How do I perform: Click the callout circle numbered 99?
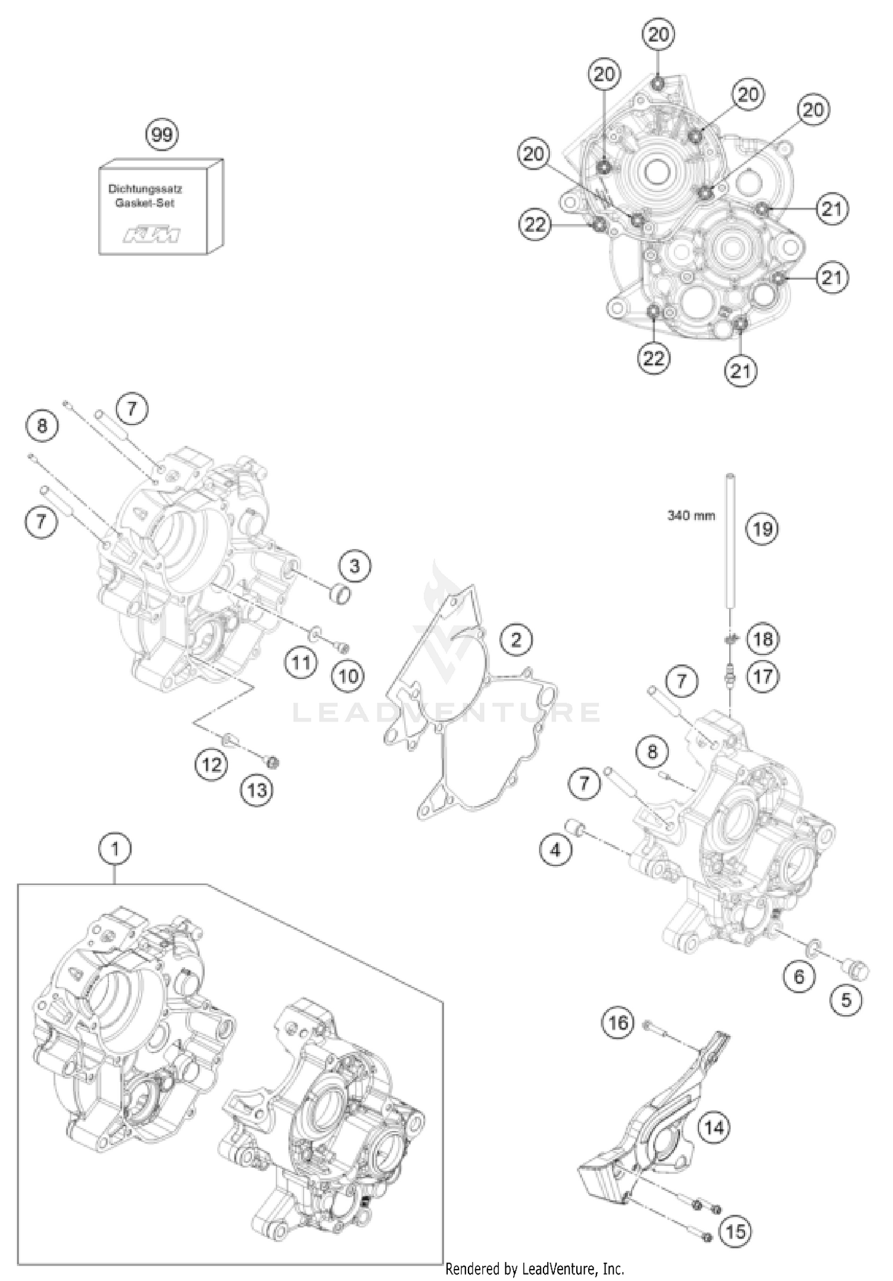162,135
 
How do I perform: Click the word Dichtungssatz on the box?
145,189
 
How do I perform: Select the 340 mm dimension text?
691,515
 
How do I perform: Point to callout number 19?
763,529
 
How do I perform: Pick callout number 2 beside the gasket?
516,640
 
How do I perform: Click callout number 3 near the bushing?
355,565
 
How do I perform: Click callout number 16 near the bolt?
618,1023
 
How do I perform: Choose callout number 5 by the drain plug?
846,1000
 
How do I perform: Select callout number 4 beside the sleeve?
555,850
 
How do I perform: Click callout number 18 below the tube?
763,639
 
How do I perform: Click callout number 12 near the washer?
212,764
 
